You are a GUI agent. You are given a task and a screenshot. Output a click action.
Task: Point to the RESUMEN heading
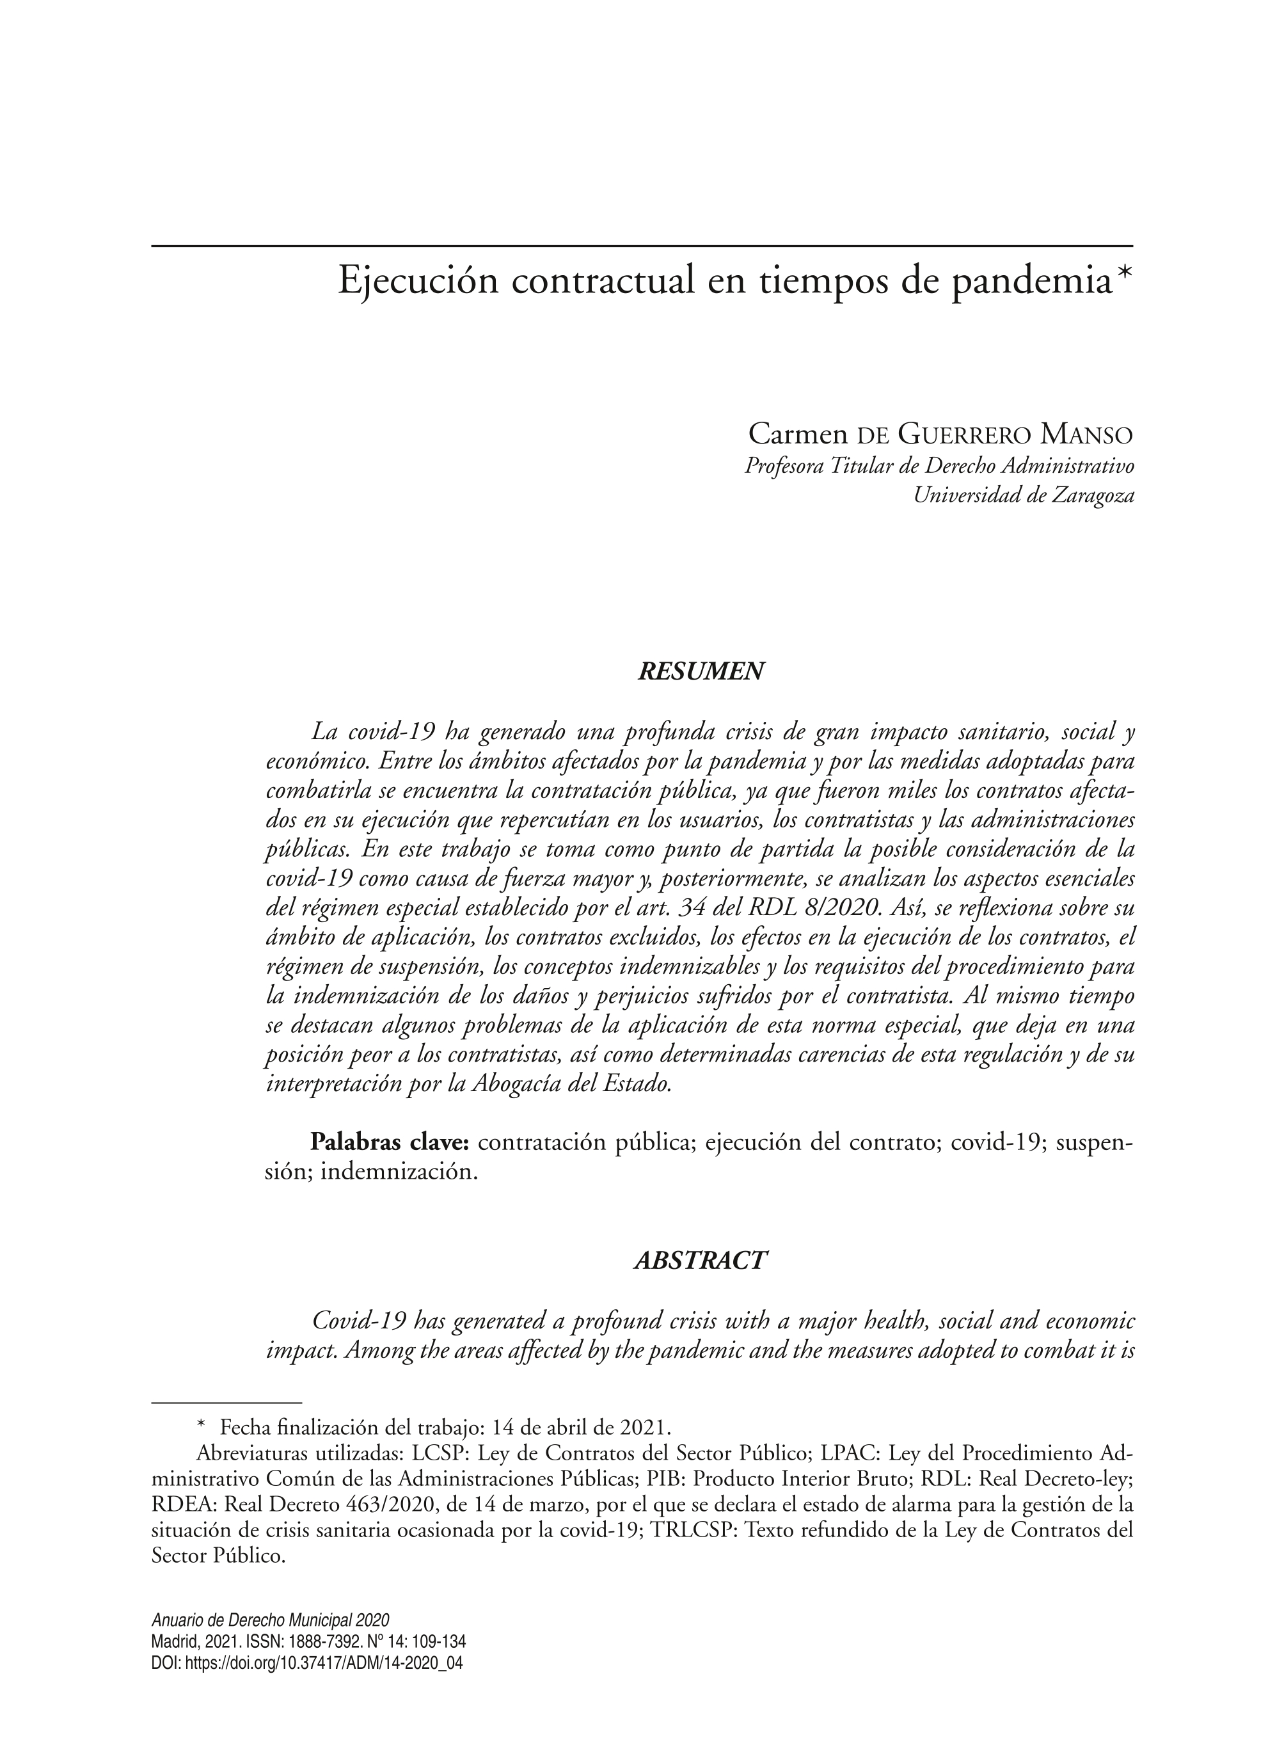tap(701, 671)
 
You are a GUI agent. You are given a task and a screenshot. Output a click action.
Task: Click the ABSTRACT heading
tap(701, 1260)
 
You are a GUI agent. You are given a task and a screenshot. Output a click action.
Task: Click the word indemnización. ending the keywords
tap(399, 1172)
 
